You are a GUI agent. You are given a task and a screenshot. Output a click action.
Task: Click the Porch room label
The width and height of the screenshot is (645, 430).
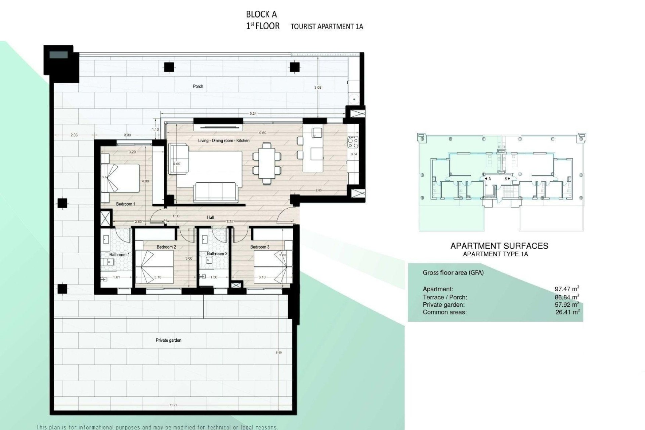(x=198, y=86)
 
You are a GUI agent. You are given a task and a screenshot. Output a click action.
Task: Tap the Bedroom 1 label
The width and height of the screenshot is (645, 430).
(x=126, y=204)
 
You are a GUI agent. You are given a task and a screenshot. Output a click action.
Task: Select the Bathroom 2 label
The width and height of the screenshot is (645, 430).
(x=217, y=254)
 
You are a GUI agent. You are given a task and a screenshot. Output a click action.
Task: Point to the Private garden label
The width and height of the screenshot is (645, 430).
(x=168, y=340)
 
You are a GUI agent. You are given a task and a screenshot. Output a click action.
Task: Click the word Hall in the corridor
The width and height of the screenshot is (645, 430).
(x=210, y=217)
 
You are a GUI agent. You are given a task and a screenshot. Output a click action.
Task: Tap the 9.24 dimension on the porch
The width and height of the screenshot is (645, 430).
(x=253, y=114)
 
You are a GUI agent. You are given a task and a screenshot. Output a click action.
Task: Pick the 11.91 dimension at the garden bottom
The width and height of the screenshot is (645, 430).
(x=173, y=405)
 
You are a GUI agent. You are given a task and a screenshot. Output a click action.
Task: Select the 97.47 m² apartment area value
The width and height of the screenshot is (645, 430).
(x=567, y=289)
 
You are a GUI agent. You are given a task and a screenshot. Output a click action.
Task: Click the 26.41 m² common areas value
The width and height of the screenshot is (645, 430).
(x=567, y=312)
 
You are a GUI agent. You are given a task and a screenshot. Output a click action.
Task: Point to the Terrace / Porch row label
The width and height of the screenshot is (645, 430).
(x=445, y=297)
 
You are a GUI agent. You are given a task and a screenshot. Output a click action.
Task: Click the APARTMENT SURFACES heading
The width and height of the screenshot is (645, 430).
(x=499, y=246)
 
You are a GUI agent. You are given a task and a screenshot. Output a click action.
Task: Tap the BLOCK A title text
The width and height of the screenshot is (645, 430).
(x=261, y=14)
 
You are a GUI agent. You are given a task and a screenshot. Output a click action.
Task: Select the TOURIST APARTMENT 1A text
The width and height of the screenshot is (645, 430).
(x=327, y=27)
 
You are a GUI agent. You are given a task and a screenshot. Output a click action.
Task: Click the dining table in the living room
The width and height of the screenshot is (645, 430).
(x=267, y=163)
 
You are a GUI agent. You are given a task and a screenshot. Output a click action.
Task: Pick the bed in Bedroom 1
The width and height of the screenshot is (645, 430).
(x=121, y=178)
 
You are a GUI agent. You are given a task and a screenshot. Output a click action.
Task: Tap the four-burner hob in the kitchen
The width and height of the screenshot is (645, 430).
(x=353, y=142)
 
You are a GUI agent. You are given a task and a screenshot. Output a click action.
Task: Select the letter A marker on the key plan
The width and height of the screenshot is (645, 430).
(x=489, y=179)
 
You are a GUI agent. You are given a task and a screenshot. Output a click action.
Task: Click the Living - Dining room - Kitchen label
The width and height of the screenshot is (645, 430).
(x=224, y=140)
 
